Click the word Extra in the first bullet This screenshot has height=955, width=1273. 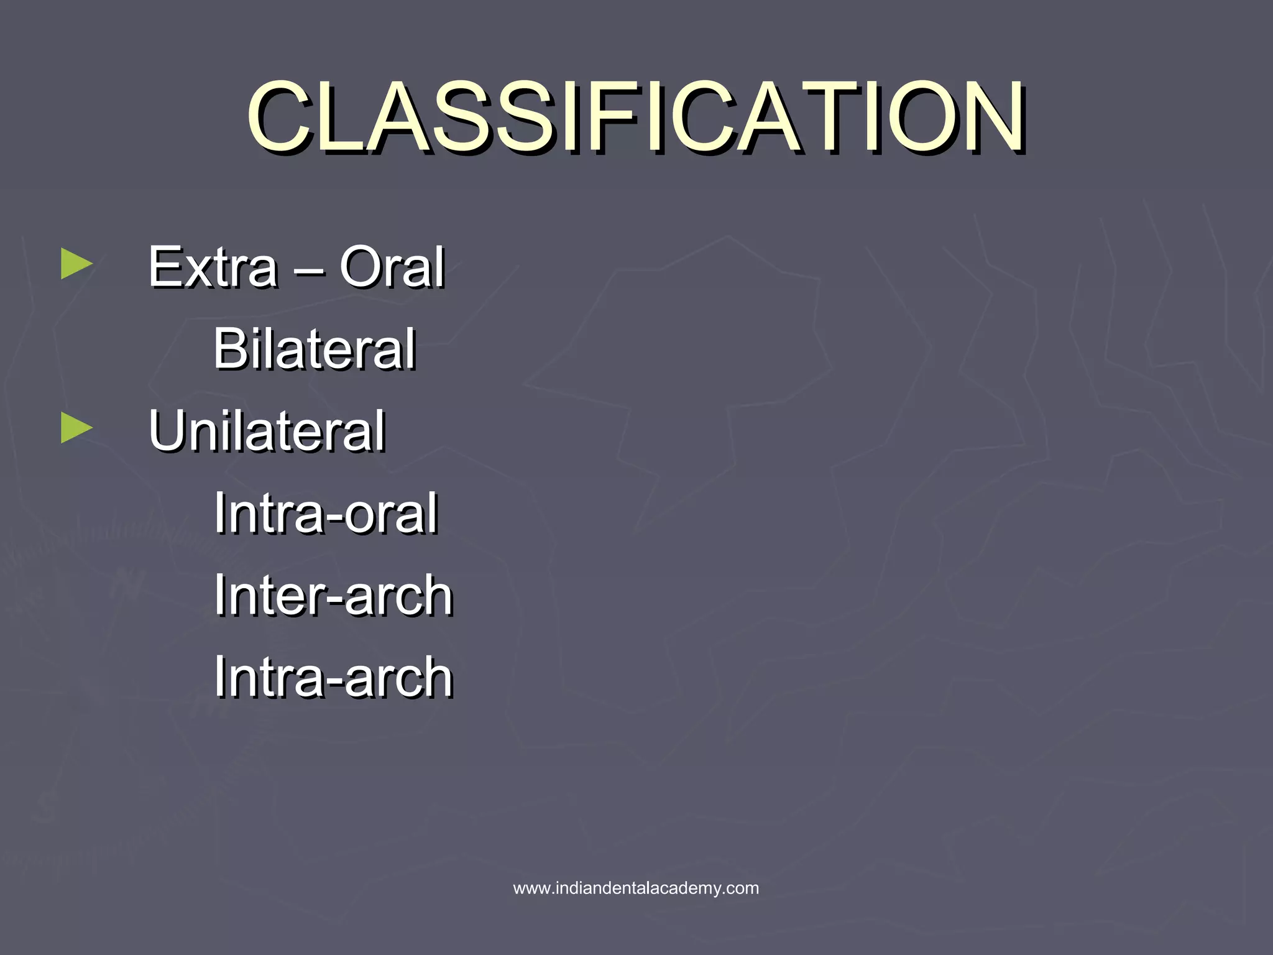(x=212, y=267)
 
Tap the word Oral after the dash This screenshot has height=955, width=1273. (x=392, y=267)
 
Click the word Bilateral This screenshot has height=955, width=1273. (x=314, y=349)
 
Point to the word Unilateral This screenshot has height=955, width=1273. (x=267, y=431)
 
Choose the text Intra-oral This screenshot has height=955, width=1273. (x=326, y=514)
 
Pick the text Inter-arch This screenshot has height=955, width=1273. (x=333, y=596)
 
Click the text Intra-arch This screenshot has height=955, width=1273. (x=333, y=678)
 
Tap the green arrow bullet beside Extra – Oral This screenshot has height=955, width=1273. (x=75, y=264)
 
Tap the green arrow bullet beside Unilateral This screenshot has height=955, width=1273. (x=75, y=429)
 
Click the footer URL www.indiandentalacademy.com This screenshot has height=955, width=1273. (x=636, y=888)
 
